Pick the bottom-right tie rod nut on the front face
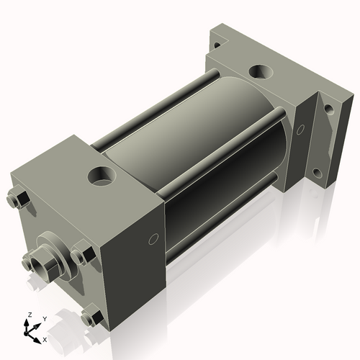[91, 315]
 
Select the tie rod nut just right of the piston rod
[81, 256]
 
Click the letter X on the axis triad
[45, 339]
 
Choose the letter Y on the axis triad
[44, 318]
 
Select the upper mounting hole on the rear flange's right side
[328, 110]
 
